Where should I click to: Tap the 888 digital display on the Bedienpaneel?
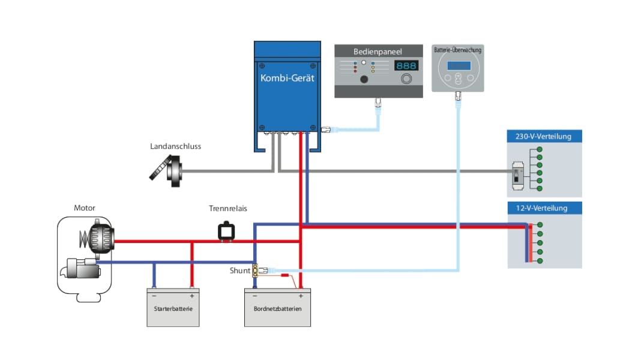pos(406,65)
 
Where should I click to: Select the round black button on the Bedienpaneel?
pos(364,79)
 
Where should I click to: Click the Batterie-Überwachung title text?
pos(457,50)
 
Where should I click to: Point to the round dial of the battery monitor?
pos(458,71)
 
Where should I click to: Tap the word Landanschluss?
pos(175,146)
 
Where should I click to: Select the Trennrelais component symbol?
pos(227,232)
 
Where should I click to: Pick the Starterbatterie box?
pos(173,307)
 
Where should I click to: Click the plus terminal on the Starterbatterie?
pos(191,296)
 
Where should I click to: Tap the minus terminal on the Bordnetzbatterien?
pos(255,296)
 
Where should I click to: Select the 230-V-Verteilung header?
pos(543,136)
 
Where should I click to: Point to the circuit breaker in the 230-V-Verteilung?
pos(516,176)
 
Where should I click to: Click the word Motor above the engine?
pos(85,208)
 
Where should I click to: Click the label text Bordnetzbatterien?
pos(277,308)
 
